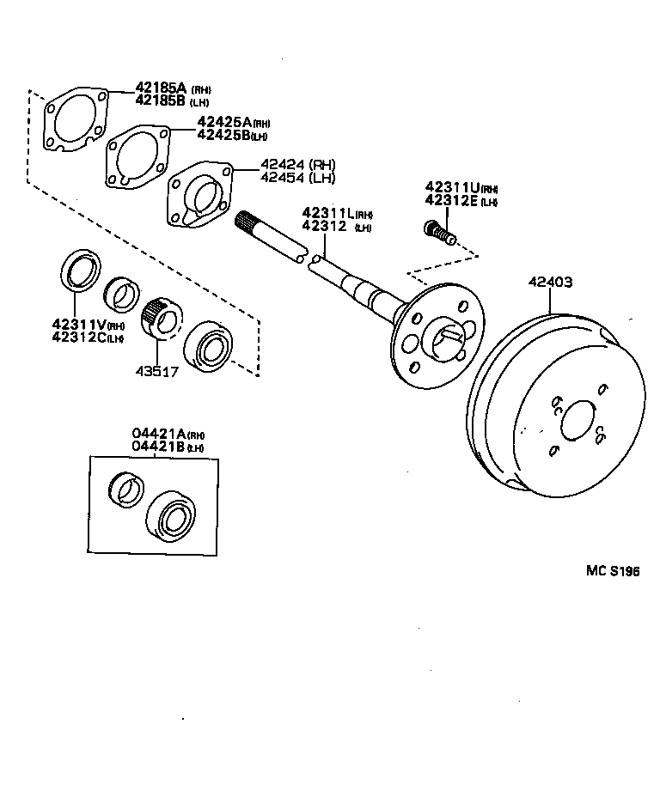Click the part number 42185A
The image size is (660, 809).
coord(161,88)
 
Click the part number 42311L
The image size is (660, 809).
coord(326,213)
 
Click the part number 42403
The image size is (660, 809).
coord(550,282)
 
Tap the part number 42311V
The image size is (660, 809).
coord(76,324)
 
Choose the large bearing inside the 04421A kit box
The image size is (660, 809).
coord(172,517)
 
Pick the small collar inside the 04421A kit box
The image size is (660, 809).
coord(127,490)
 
